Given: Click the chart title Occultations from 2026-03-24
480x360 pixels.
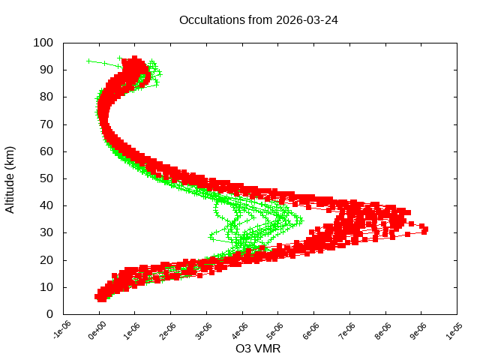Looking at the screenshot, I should point(259,20).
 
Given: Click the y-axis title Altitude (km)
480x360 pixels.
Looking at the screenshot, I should point(10,178).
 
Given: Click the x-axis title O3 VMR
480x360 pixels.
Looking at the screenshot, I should point(259,348).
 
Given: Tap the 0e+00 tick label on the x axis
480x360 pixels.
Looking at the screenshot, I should point(97,331).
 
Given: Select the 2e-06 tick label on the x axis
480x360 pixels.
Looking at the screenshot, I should point(169,331).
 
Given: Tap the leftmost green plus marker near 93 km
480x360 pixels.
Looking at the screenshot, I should point(89,61).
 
